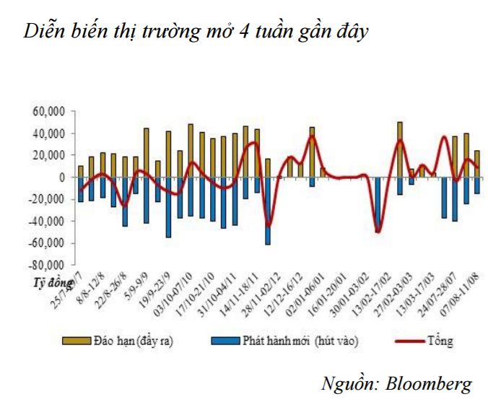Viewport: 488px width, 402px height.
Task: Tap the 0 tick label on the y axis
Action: (x=63, y=177)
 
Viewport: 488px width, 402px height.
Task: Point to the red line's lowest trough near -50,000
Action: (x=378, y=231)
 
